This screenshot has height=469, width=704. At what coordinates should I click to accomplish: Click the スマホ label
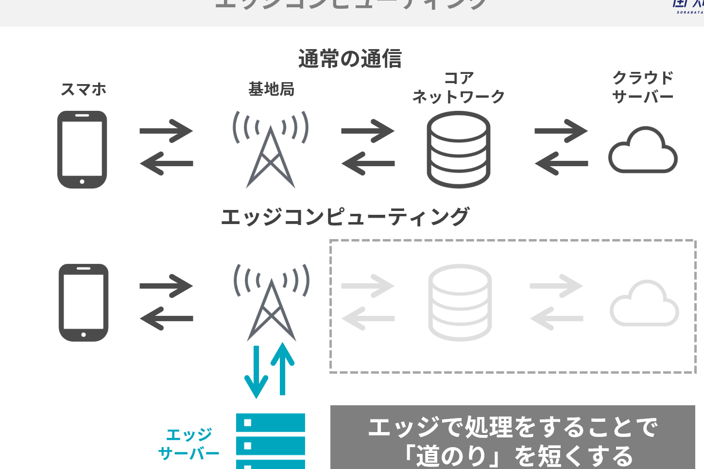[x=83, y=89]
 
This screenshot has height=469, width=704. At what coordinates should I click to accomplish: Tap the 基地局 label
[x=271, y=89]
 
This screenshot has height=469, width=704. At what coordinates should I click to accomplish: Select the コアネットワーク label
[x=458, y=87]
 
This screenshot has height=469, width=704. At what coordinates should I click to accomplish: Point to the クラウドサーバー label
[x=642, y=87]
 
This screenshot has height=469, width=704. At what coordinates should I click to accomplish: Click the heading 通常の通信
[x=350, y=59]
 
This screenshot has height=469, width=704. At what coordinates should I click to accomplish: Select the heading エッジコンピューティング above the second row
[x=345, y=217]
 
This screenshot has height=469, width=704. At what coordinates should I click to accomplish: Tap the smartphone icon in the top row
[x=82, y=149]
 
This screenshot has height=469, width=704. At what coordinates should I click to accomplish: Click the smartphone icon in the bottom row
[x=84, y=302]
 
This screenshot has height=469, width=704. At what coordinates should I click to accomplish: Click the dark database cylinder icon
[x=458, y=149]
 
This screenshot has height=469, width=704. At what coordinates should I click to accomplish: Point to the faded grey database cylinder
[x=460, y=302]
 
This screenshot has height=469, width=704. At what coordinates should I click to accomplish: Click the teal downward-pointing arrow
[x=256, y=372]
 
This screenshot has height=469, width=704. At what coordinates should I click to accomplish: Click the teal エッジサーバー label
[x=189, y=444]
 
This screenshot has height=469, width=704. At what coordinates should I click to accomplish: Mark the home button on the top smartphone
[x=82, y=182]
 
